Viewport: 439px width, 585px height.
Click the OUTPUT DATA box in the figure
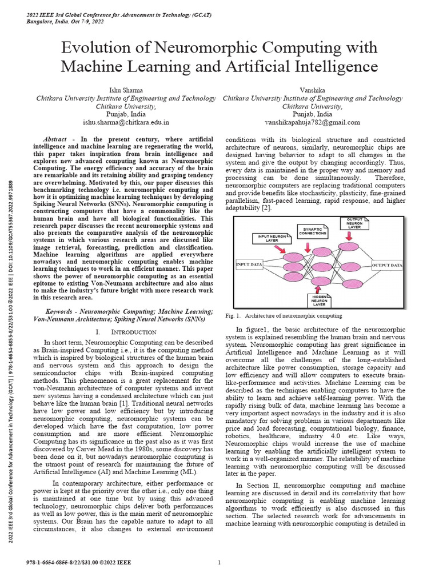pos(388,265)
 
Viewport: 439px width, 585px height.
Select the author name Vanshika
pos(312,90)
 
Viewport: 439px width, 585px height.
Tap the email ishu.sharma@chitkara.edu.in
pos(126,122)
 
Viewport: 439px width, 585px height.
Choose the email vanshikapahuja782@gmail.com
pos(312,122)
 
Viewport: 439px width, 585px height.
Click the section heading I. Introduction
pos(126,332)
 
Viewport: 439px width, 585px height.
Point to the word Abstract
pos(56,139)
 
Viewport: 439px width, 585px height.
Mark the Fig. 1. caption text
pos(284,315)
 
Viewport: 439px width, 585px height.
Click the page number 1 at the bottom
pos(219,563)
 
